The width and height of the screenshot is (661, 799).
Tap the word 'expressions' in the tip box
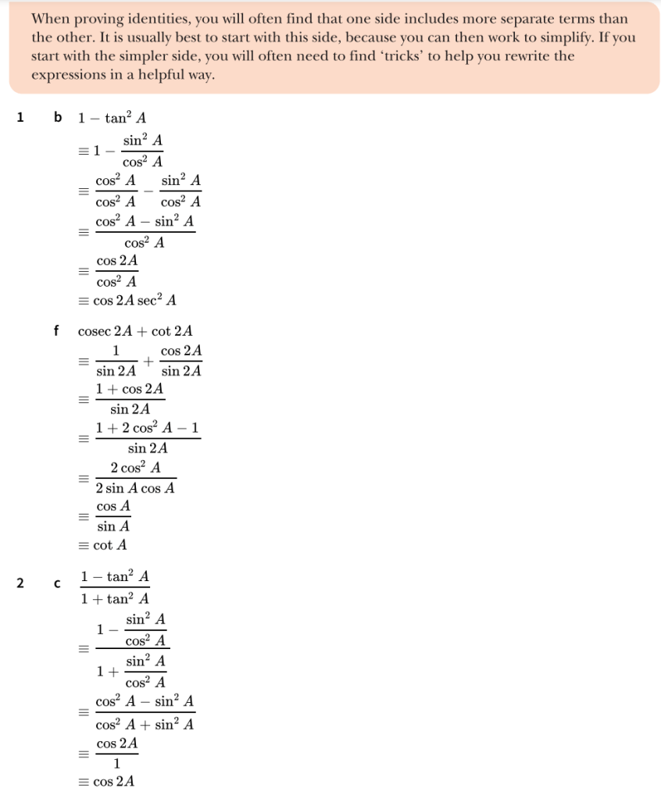(65, 75)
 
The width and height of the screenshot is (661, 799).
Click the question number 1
(20, 118)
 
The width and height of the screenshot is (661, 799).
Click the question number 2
(20, 583)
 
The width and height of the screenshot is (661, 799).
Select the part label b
(57, 118)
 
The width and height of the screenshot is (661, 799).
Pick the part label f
(56, 330)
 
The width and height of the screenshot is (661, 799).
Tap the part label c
(57, 583)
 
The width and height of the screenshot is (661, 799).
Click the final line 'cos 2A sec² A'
(134, 301)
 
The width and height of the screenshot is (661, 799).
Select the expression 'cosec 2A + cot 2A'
(135, 331)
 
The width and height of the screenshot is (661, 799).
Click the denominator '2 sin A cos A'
(134, 488)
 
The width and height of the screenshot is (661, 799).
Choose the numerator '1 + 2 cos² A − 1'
(148, 429)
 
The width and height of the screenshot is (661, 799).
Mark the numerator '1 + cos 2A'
(130, 389)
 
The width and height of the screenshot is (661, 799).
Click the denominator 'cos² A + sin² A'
(145, 724)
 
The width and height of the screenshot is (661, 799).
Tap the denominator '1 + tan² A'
(115, 599)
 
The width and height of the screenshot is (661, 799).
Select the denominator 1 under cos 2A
(117, 762)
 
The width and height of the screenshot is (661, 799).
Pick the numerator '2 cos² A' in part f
(136, 469)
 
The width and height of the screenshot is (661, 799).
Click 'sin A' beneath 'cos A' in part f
(113, 526)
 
